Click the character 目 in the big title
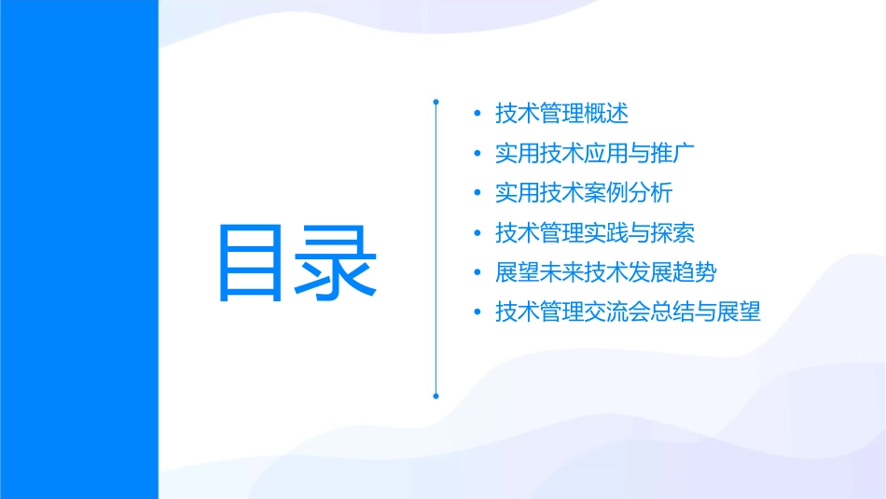(255, 262)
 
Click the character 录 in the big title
(336, 262)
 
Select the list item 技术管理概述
(562, 114)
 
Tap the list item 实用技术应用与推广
(596, 153)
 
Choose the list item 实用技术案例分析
(585, 193)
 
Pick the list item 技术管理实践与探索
(596, 232)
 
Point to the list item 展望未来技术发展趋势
(607, 272)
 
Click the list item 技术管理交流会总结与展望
(629, 312)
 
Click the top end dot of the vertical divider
(436, 99)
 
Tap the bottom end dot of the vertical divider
(436, 395)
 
